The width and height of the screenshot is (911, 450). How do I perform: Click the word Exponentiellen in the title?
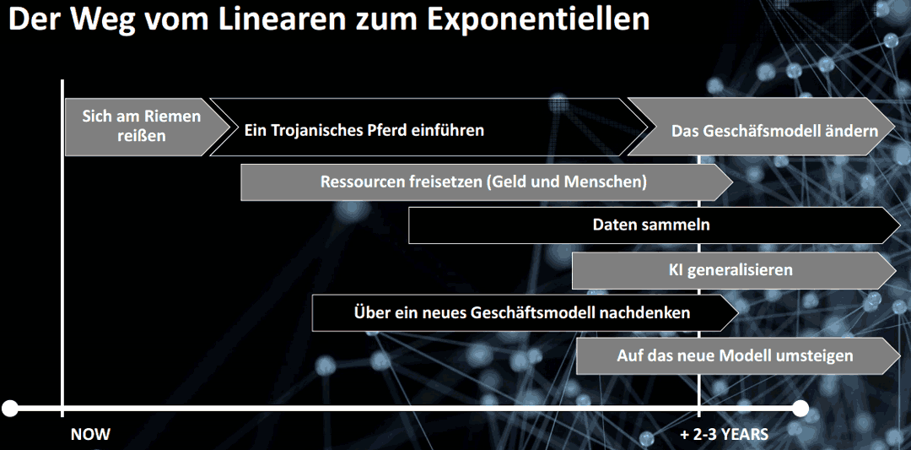tap(538, 19)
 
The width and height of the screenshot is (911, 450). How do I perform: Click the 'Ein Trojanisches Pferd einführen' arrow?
tap(428, 127)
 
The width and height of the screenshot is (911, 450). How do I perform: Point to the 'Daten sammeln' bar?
tap(655, 225)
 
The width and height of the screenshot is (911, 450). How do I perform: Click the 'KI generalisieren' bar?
tap(736, 270)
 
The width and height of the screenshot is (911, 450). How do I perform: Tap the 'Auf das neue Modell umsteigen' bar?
tap(738, 355)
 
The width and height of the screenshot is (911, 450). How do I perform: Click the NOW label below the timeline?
tap(90, 434)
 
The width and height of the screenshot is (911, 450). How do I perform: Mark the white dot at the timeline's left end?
tap(10, 408)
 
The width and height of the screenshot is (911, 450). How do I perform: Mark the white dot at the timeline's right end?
tap(800, 408)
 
